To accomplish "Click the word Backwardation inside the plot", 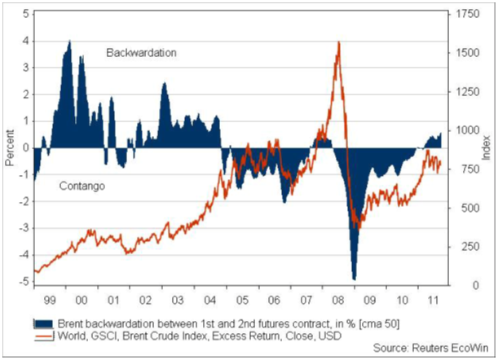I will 142,52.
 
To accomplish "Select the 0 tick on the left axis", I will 26,148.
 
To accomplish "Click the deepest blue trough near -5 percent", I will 354,279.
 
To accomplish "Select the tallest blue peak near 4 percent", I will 69,42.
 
